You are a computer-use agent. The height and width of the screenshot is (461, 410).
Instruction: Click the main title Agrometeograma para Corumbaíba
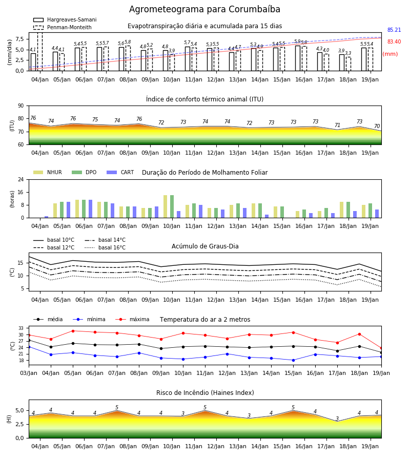tap(204, 9)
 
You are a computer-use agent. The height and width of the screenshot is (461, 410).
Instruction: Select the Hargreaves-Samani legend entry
tap(65, 19)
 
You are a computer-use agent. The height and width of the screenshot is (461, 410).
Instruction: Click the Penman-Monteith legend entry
tap(63, 27)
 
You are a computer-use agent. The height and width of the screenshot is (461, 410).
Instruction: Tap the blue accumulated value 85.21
tap(394, 30)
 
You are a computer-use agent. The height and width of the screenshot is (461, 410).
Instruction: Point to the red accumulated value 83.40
tap(394, 41)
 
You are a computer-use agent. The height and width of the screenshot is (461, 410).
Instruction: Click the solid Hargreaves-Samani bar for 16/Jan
tap(298, 58)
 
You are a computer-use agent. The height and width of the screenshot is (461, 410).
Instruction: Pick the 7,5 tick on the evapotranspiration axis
tap(19, 39)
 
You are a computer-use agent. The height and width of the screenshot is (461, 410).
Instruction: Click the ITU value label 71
tap(337, 125)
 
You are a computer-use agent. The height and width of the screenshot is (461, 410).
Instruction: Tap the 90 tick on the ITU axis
tap(21, 106)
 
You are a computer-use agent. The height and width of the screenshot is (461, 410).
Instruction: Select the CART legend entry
tap(120, 172)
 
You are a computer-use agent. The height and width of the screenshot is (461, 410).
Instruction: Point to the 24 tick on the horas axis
tap(21, 179)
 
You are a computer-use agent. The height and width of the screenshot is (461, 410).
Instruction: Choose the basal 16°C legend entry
tap(105, 247)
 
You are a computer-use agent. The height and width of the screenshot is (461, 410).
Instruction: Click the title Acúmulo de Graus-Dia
tap(205, 246)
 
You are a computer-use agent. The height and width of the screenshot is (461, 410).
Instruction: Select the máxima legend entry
tap(132, 319)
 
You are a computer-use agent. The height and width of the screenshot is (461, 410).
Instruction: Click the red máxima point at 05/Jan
tap(73, 331)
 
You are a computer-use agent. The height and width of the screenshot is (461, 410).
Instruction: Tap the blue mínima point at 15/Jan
tap(293, 360)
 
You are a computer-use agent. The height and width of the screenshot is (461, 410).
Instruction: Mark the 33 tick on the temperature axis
tap(21, 328)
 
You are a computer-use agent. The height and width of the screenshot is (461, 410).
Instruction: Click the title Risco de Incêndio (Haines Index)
tap(205, 393)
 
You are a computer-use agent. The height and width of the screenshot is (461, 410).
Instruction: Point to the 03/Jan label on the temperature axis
tap(29, 373)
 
